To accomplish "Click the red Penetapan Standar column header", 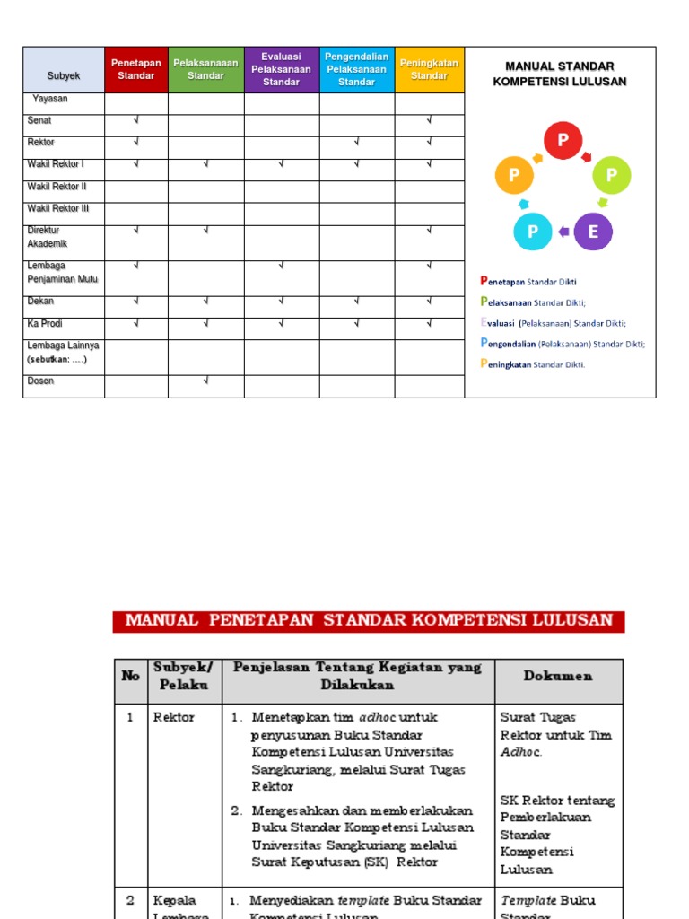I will click(x=135, y=69).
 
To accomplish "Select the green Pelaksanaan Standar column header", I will click(x=205, y=69).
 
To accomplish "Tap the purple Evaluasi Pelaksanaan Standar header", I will click(x=281, y=69).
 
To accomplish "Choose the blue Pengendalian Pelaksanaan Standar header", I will click(x=356, y=69).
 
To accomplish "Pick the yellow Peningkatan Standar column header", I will click(x=429, y=69).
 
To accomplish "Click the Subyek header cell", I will click(x=64, y=76).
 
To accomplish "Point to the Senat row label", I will click(x=40, y=120).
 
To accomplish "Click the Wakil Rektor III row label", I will click(x=58, y=208).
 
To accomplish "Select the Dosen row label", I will click(x=41, y=381).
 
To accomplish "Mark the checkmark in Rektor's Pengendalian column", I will click(x=356, y=142).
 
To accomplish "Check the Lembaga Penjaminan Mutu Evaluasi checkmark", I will click(x=281, y=266).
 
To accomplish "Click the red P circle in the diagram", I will click(x=563, y=141).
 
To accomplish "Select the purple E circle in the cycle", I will click(x=592, y=232).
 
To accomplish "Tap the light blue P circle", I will click(x=533, y=232).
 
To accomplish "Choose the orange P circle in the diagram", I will click(x=514, y=175).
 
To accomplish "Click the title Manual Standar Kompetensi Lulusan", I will click(x=559, y=74).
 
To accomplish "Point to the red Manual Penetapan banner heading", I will click(x=368, y=621).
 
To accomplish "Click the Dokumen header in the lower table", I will click(x=557, y=677).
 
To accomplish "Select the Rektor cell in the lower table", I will click(x=174, y=717).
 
